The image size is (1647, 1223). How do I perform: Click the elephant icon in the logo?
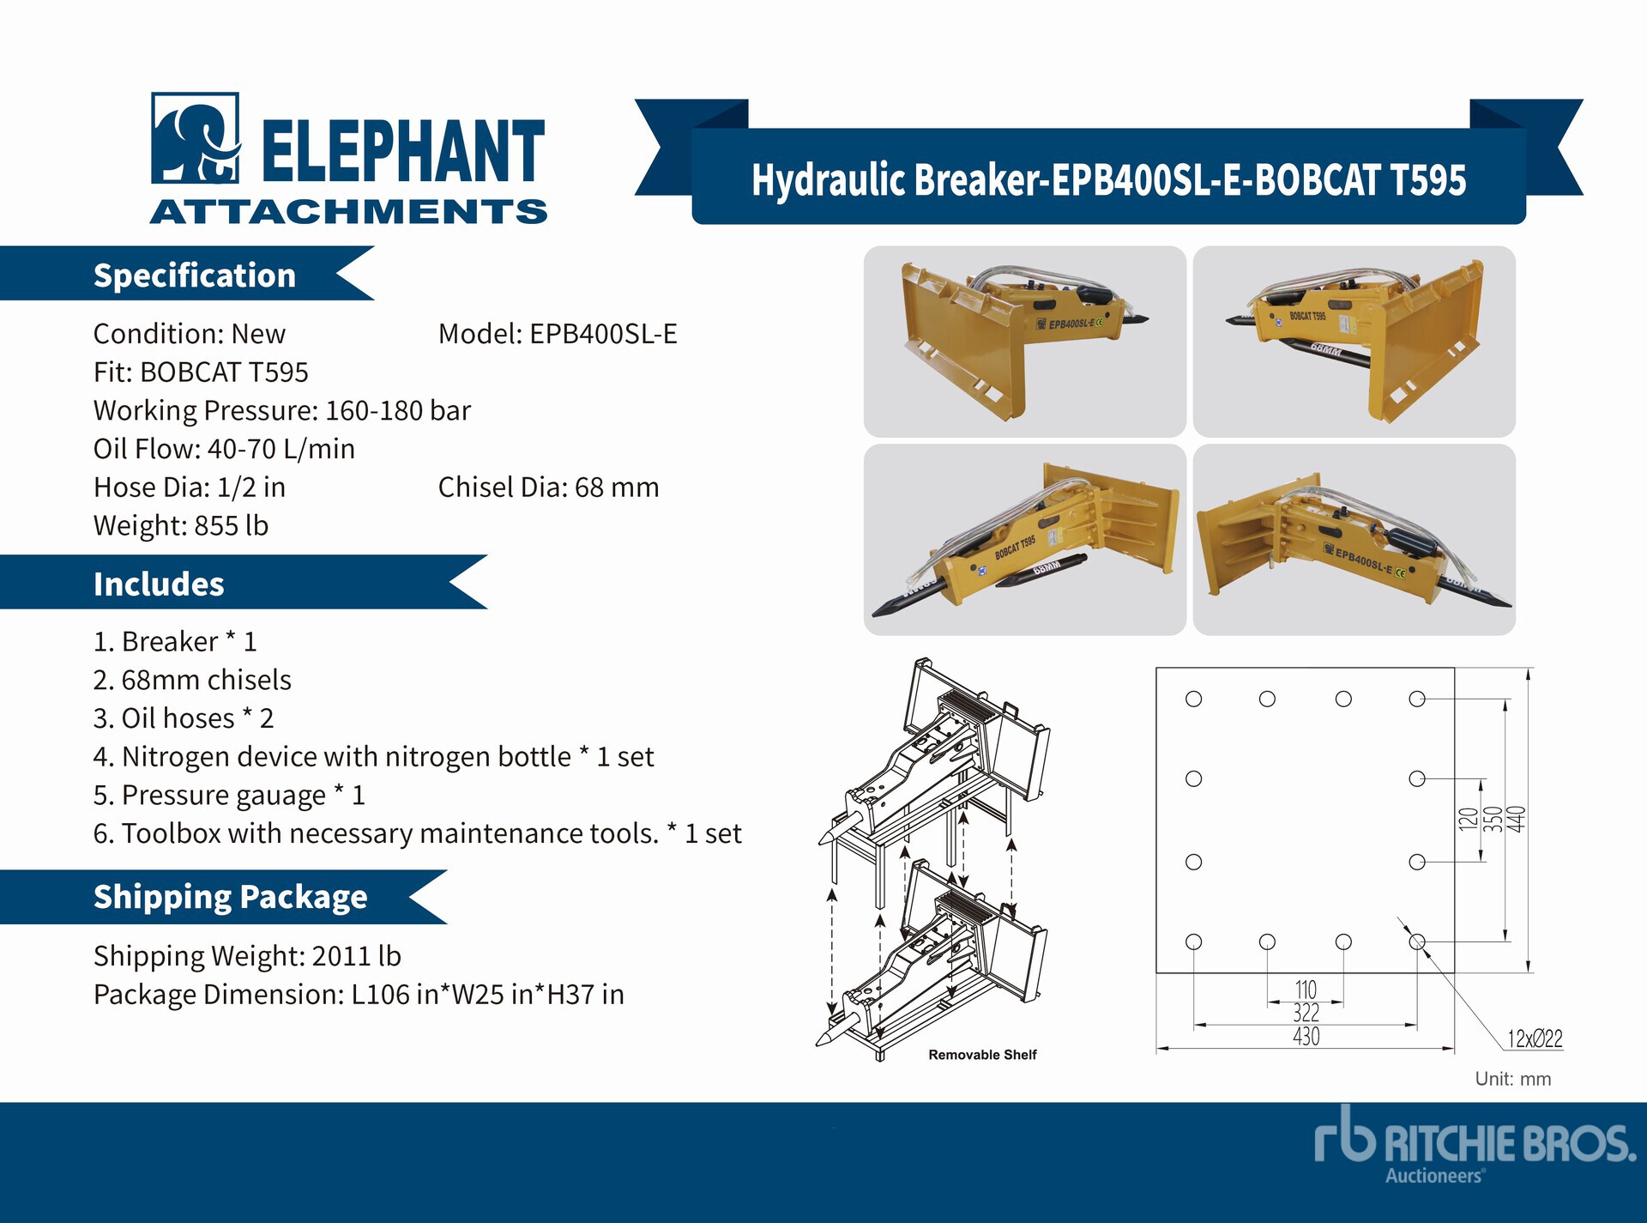click(x=196, y=138)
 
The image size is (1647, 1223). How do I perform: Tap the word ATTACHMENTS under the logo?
click(x=348, y=211)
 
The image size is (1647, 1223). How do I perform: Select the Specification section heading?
click(x=195, y=275)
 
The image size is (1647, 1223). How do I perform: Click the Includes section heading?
click(x=159, y=584)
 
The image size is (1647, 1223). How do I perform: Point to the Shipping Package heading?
click(x=230, y=897)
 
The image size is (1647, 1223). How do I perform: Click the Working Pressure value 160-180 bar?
click(x=398, y=410)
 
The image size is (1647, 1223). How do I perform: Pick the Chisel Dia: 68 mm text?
click(x=548, y=487)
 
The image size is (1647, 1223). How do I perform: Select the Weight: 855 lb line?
click(x=180, y=525)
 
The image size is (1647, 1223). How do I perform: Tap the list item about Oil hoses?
click(x=183, y=717)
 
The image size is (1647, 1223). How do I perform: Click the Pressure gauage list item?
click(x=228, y=795)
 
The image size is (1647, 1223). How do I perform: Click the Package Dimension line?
click(x=359, y=994)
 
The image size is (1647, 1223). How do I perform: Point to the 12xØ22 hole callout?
click(x=1535, y=1038)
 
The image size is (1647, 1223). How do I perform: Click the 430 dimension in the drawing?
click(x=1306, y=1036)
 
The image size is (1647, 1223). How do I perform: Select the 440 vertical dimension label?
click(x=1517, y=819)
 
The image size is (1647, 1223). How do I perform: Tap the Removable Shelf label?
click(x=982, y=1055)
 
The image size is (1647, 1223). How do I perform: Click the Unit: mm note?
click(x=1513, y=1079)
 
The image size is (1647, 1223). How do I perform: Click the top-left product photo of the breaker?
click(x=1025, y=341)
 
